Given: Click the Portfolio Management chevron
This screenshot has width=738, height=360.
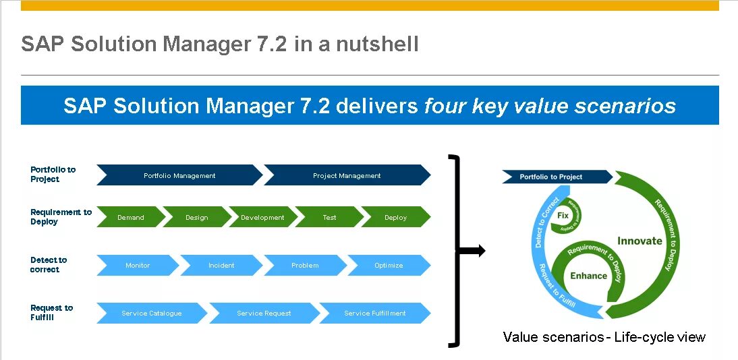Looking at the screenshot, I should point(179,175).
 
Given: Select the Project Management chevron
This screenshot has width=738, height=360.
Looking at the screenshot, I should point(347,175).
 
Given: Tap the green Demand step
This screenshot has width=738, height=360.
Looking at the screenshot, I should point(131,217).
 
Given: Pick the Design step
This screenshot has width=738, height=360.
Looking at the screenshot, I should point(196,217).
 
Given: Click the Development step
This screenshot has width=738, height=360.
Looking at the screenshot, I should point(262,217).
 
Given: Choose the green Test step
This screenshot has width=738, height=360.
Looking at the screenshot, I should point(329,217).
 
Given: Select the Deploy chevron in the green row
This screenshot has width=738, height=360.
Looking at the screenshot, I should point(395,217).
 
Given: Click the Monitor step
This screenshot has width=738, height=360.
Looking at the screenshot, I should point(138,265).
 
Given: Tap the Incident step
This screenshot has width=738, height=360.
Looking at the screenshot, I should point(221,265).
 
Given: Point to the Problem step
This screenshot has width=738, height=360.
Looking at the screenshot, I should point(305,265).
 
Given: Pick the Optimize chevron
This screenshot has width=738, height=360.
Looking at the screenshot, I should point(389,265).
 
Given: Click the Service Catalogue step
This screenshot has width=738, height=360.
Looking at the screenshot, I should point(152,313).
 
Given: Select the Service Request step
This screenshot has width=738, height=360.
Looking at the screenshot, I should point(264,313).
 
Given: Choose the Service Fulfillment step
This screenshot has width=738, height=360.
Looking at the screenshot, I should point(374,313).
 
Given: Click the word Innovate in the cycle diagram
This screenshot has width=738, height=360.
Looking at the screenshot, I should point(640,241).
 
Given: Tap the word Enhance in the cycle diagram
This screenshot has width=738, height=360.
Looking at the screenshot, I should point(588,275).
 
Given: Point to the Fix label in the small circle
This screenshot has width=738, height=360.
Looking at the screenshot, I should point(563,215).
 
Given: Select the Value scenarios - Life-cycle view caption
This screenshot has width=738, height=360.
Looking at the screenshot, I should point(604,337).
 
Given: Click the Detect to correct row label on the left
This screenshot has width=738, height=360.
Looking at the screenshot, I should point(49,264).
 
